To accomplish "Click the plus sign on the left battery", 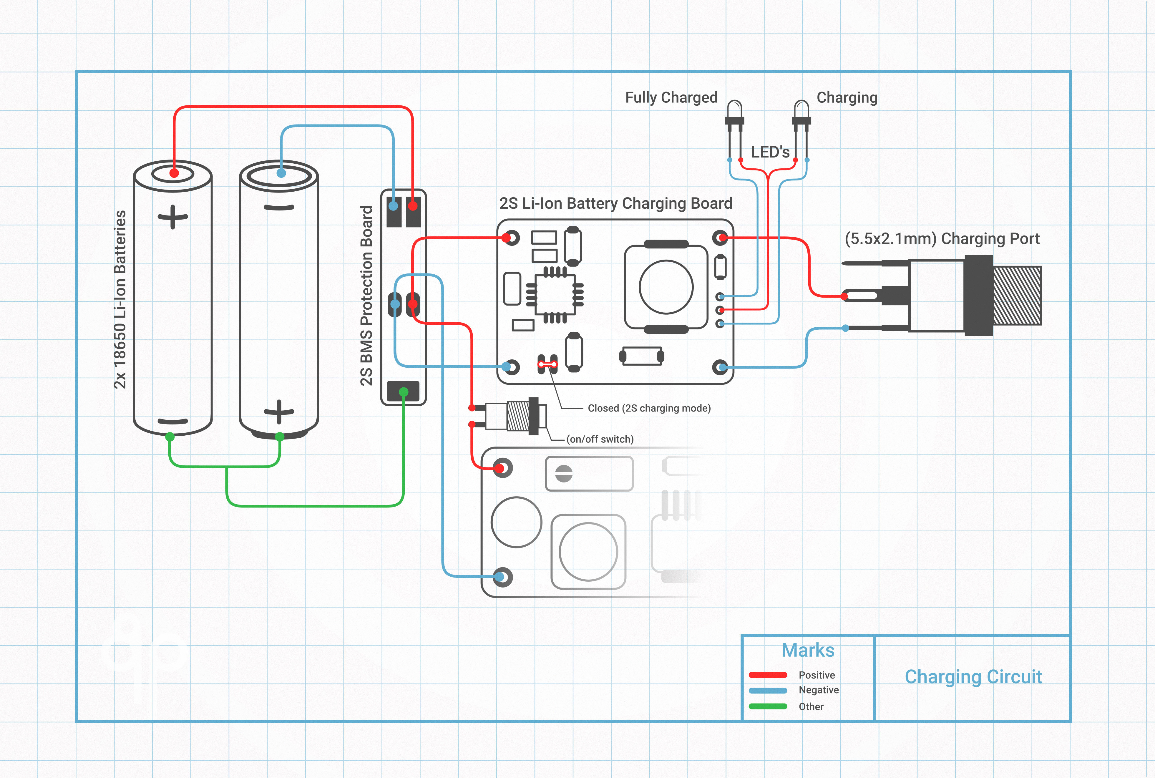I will pos(173,217).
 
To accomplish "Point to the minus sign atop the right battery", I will pos(279,208).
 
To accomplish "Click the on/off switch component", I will pos(518,416).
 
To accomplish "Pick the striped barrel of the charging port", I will pos(1017,296).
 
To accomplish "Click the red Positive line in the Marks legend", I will pos(768,675).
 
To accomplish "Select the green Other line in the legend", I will pos(768,706).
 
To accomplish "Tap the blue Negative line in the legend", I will pos(768,690).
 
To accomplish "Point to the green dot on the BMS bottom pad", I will pos(403,392).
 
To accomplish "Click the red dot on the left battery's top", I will pos(174,173).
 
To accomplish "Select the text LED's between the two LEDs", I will pos(770,152).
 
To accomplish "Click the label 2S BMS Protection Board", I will pos(366,296).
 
